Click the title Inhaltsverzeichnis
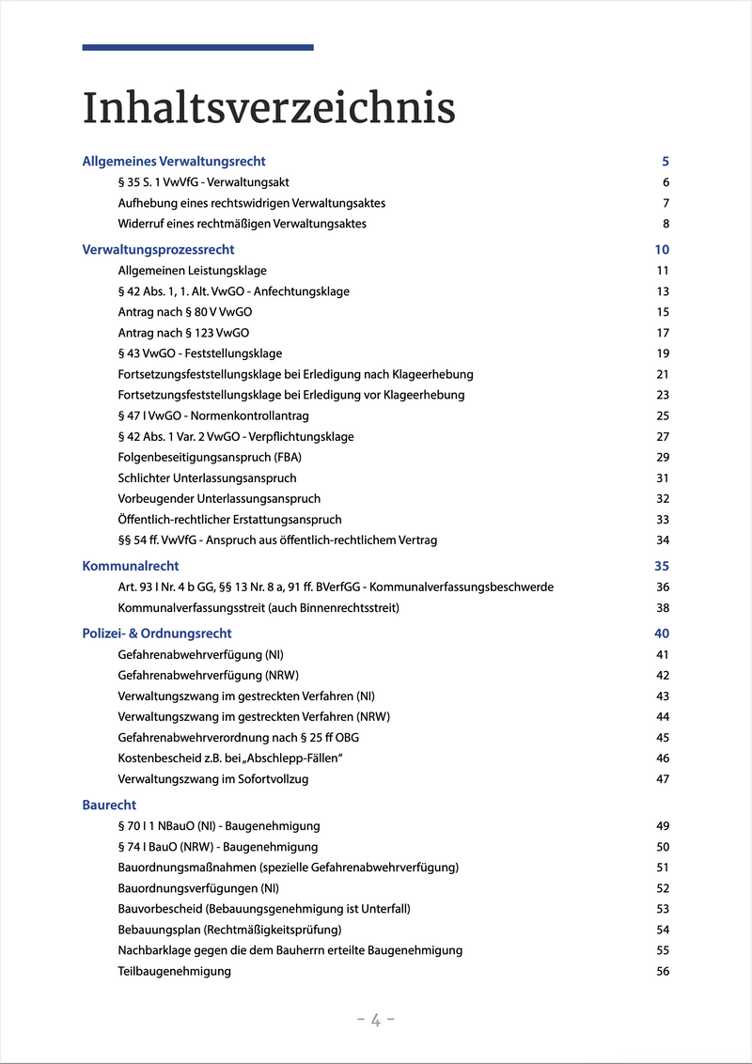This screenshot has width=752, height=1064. click(269, 108)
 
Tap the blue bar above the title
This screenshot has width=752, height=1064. click(197, 47)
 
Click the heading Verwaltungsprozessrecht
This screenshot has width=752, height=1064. click(158, 250)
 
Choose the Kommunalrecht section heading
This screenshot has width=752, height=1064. click(131, 566)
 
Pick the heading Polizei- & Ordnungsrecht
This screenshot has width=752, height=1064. click(157, 634)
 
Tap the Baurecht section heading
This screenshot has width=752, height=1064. click(109, 806)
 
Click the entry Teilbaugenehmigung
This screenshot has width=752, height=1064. click(174, 971)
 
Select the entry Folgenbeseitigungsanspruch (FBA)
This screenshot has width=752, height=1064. click(210, 458)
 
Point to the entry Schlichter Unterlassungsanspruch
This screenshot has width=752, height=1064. click(207, 478)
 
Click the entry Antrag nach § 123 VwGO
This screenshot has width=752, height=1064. click(183, 333)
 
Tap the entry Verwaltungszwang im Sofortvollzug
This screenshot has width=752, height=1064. click(213, 779)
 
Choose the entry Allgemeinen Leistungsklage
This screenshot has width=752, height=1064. click(192, 271)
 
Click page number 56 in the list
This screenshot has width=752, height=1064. click(663, 971)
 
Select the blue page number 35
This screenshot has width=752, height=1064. click(662, 566)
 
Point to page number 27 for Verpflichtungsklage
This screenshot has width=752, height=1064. click(663, 437)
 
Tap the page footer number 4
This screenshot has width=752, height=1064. click(376, 1020)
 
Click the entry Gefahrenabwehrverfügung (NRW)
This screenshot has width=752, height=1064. click(209, 675)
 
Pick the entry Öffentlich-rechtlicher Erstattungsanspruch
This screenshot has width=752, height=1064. click(229, 520)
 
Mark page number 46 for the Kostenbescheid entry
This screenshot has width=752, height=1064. click(663, 759)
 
